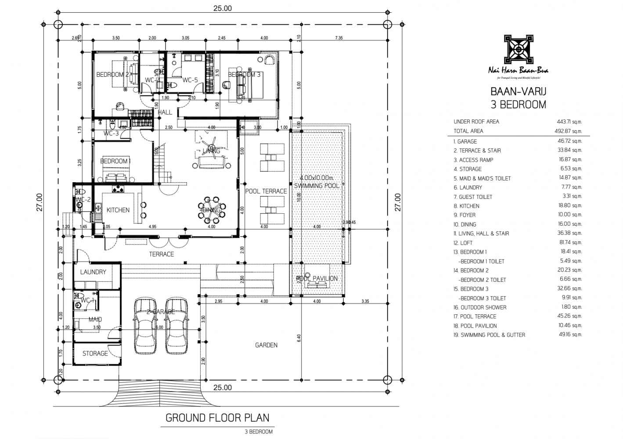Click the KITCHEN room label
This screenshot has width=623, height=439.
pos(118,210)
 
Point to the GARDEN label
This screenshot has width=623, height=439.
pos(266,345)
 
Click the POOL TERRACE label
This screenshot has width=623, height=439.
pos(266,191)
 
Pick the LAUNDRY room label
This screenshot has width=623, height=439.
pos(93,272)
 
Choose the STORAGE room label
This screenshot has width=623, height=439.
pos(95,353)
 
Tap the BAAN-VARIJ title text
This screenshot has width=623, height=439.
pos(518,93)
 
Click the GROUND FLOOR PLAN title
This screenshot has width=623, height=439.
pos(217,417)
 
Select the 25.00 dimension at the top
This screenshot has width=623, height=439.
pos(222,8)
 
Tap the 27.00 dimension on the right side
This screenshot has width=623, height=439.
pos(398,202)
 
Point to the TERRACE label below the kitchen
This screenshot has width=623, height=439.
pos(161,254)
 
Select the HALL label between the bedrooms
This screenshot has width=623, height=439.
pos(165,112)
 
